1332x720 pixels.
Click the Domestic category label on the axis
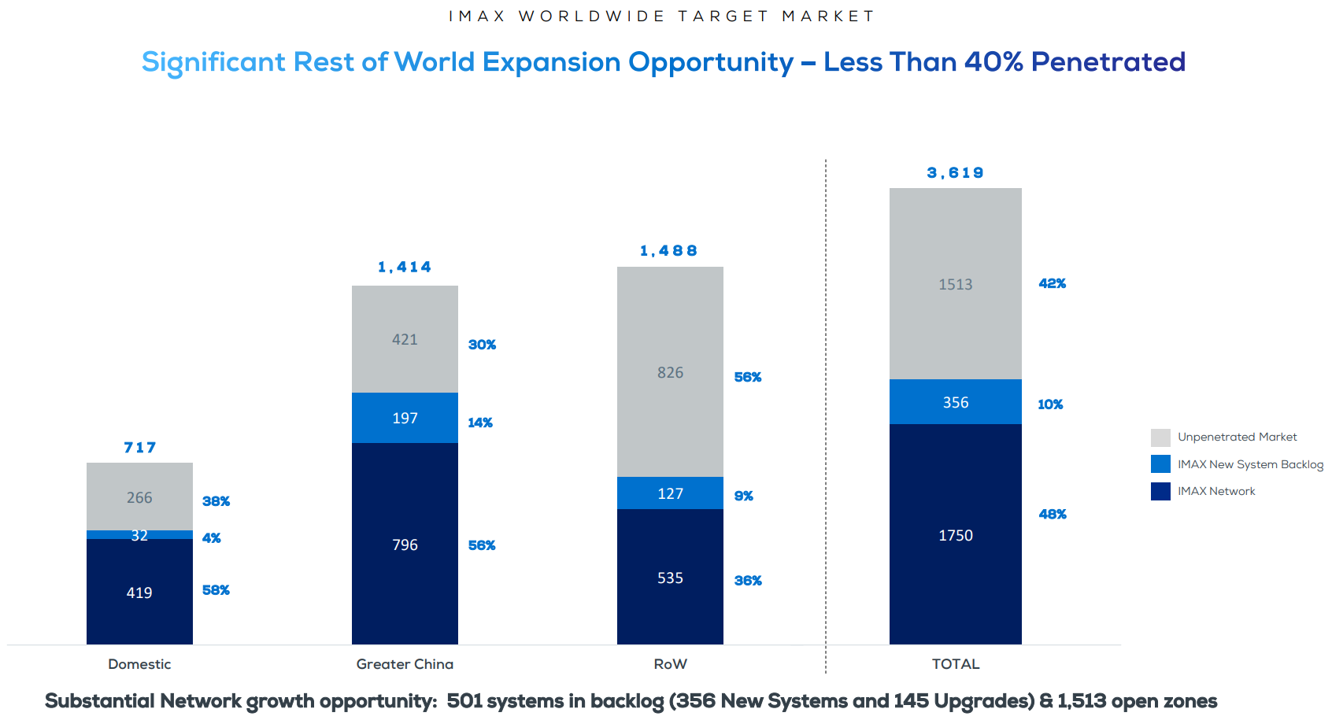coord(139,664)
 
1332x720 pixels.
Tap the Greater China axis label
coord(405,664)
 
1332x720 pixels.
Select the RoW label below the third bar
coord(670,664)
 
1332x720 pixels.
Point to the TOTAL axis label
coord(956,664)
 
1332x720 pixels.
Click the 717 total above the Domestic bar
coord(140,448)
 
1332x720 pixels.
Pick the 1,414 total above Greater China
coord(405,268)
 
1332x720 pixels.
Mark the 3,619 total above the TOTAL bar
coord(956,173)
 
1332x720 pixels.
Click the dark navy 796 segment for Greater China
coord(405,545)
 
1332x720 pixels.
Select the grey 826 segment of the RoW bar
coord(670,372)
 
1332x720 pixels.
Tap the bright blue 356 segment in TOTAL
coord(956,402)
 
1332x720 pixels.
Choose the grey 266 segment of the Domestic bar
coord(139,497)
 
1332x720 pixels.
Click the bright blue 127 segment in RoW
coord(670,493)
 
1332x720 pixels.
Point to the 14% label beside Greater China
coord(480,423)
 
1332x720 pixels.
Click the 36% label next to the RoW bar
coord(748,581)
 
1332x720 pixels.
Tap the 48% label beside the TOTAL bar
coord(1053,514)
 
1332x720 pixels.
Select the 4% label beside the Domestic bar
coord(211,538)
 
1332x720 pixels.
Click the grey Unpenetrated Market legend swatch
coord(1160,438)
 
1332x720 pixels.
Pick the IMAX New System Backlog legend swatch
coord(1160,464)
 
